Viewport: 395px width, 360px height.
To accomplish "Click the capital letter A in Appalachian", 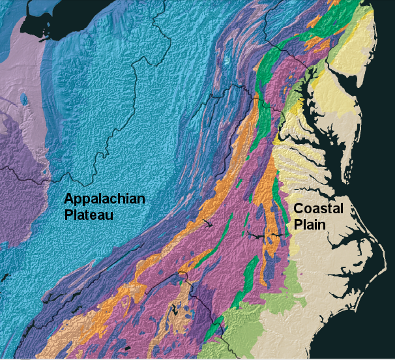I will (x=69, y=198).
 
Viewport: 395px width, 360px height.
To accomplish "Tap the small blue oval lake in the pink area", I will (x=24, y=99).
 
